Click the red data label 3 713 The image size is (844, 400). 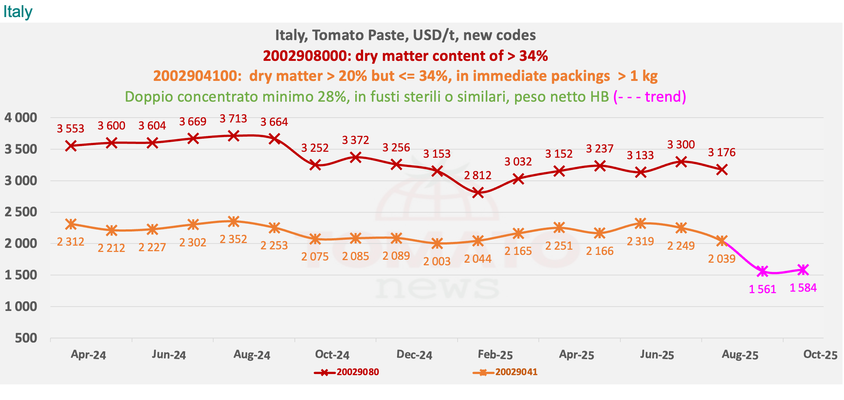tap(233, 119)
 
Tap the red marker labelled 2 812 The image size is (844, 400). tap(478, 193)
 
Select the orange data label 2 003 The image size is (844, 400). tap(437, 262)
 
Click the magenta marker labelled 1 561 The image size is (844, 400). tap(762, 271)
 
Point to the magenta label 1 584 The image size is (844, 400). tap(803, 288)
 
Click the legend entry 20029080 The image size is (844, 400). tap(357, 372)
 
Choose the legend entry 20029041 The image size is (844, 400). tap(516, 372)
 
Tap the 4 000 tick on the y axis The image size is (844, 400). tap(21, 118)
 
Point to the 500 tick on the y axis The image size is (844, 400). tap(26, 338)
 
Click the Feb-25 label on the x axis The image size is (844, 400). tap(495, 355)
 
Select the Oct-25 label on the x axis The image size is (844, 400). tap(820, 355)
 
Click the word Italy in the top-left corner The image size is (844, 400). tap(18, 12)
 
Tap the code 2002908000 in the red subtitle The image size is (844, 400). tap(307, 56)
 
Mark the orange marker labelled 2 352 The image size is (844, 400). tap(233, 222)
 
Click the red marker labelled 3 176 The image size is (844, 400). tap(722, 170)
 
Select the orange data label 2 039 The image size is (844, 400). tap(722, 259)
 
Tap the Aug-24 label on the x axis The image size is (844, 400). tap(252, 355)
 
